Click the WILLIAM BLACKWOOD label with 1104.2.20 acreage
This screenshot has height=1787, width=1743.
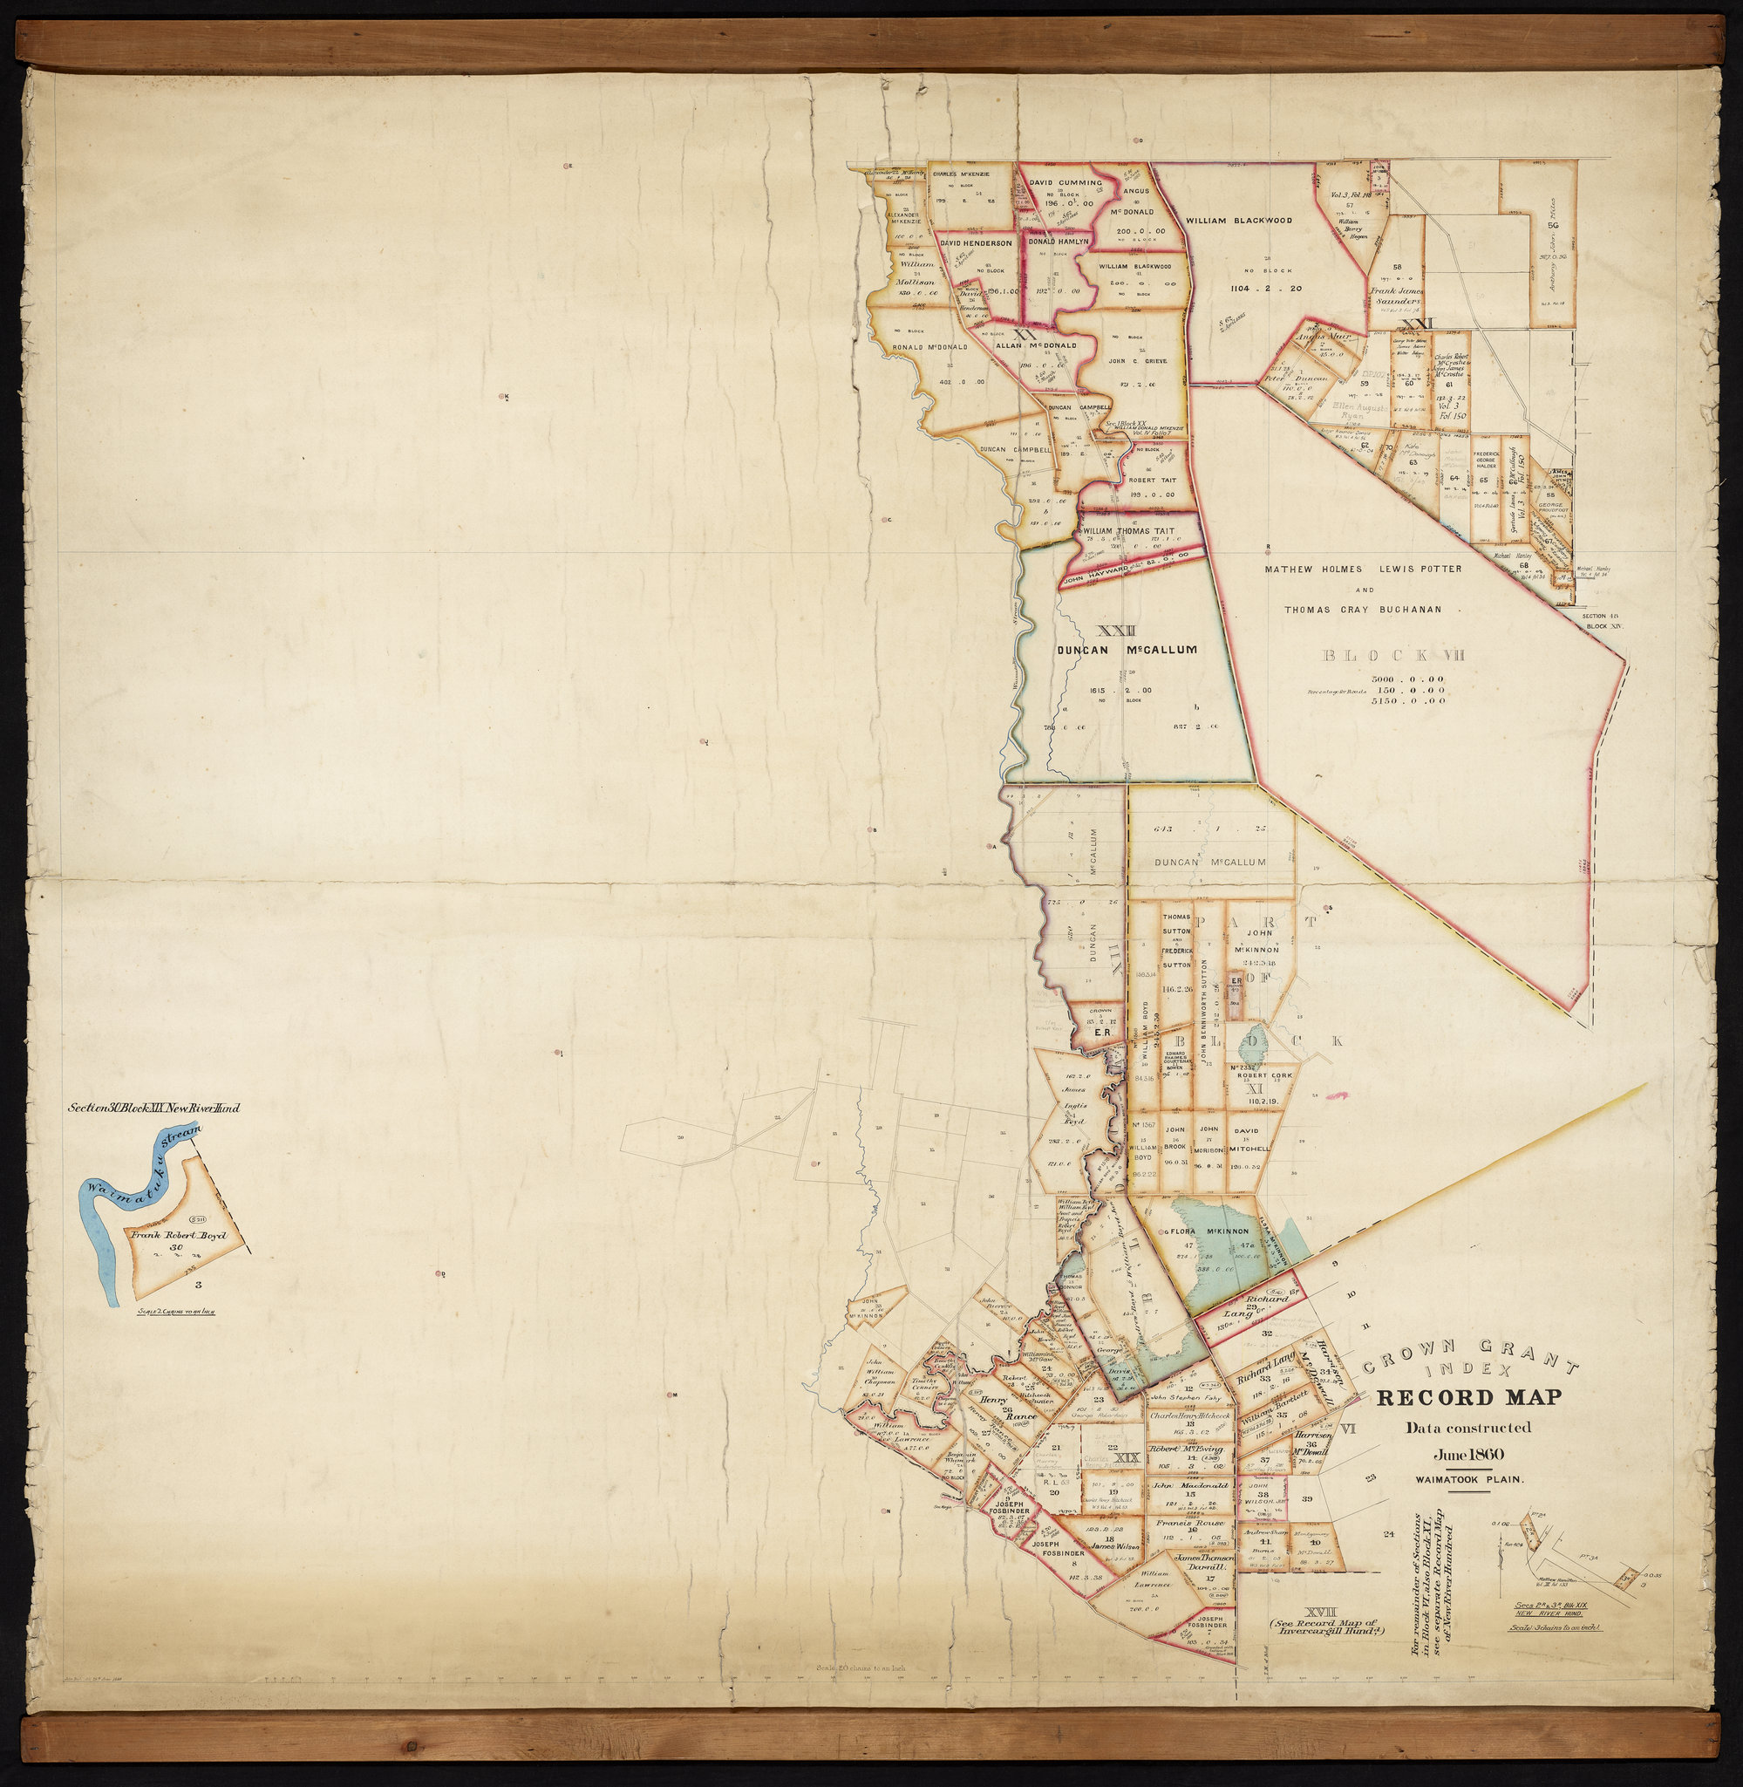click(1239, 221)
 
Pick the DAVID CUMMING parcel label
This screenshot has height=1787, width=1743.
click(1066, 183)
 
